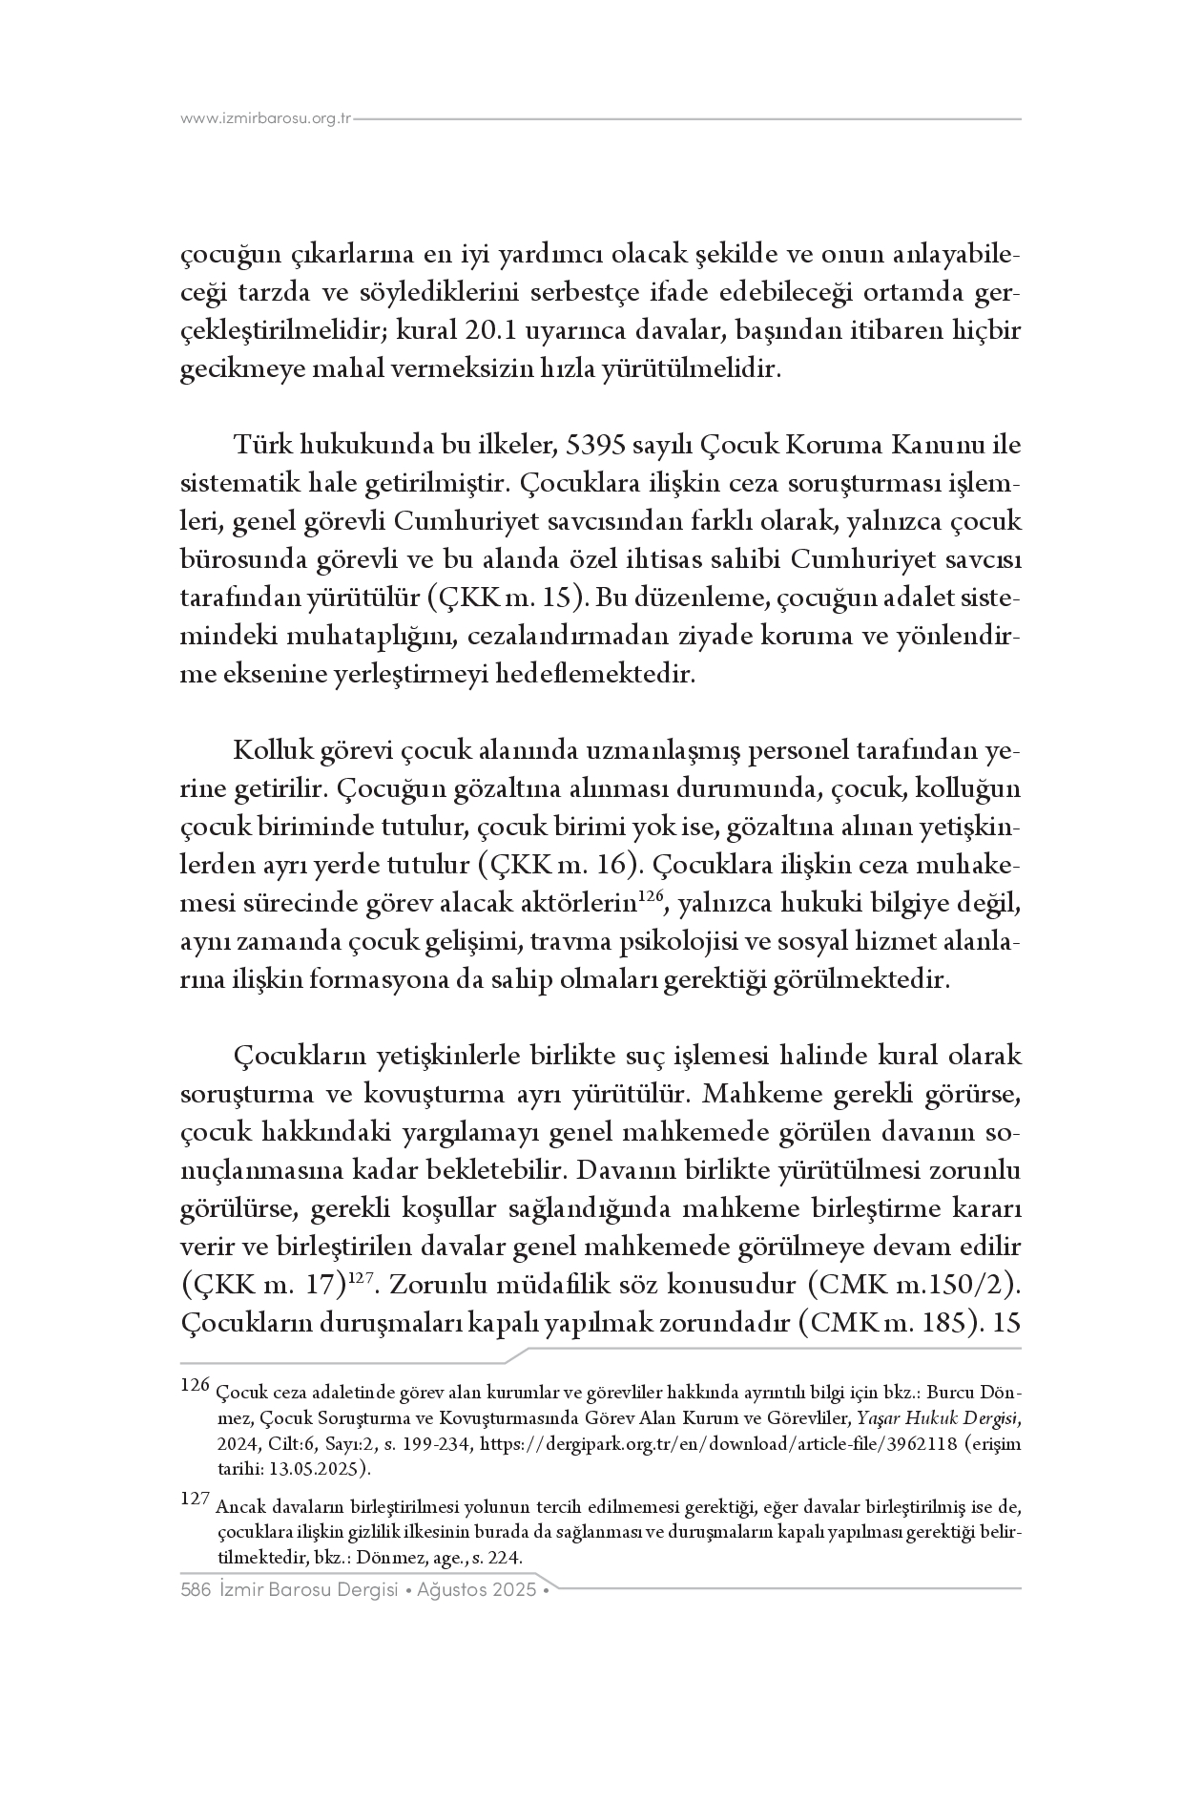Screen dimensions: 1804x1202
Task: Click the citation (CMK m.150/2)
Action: (914, 1286)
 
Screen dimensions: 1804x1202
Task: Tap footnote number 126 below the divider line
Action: (194, 1385)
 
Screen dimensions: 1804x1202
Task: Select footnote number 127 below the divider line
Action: (194, 1500)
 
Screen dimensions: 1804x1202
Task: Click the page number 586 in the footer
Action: (195, 1591)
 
